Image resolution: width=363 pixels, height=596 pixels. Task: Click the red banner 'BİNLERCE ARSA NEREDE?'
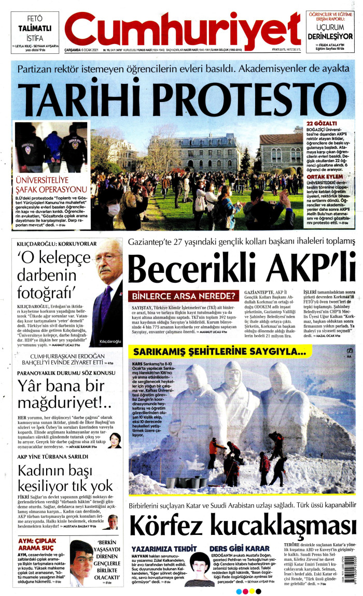pos(184,296)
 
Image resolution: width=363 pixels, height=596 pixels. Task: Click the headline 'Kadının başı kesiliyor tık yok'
pos(65,478)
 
